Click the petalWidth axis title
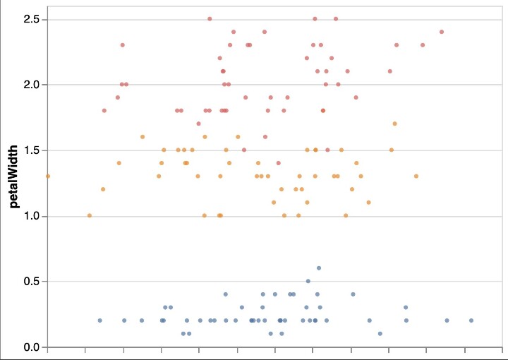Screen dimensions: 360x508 click(13, 182)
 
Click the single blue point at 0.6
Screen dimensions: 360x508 click(319, 268)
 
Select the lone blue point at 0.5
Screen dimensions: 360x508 click(308, 281)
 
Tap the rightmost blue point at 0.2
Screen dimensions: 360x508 click(471, 320)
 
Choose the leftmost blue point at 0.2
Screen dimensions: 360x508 click(99, 320)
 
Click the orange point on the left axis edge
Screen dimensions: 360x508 click(48, 176)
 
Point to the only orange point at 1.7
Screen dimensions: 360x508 click(395, 124)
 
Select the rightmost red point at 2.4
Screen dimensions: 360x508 click(442, 32)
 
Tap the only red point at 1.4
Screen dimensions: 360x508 click(279, 163)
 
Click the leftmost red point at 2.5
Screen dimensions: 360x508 click(210, 19)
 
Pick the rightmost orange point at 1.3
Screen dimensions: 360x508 click(416, 176)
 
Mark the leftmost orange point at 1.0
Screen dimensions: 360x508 click(90, 215)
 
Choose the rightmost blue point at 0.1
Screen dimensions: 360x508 click(380, 333)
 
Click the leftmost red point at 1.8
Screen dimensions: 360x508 click(104, 111)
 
